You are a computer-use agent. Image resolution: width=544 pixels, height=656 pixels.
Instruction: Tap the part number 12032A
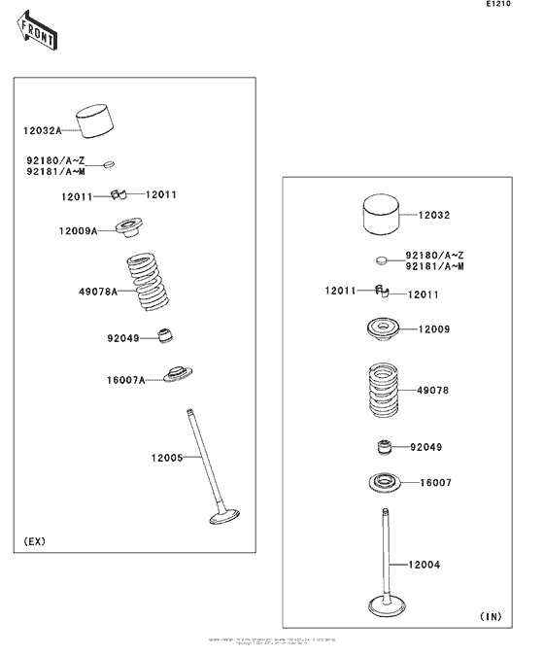coord(42,129)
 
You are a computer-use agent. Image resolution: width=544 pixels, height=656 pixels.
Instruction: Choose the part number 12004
coord(425,564)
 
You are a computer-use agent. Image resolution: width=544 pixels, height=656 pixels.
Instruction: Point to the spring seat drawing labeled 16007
coord(385,481)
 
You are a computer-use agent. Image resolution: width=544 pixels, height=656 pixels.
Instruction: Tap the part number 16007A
coord(125,380)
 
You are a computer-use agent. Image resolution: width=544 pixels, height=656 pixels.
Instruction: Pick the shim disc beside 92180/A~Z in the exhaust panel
coord(109,162)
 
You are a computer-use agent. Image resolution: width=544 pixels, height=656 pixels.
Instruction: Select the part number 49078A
coord(98,291)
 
